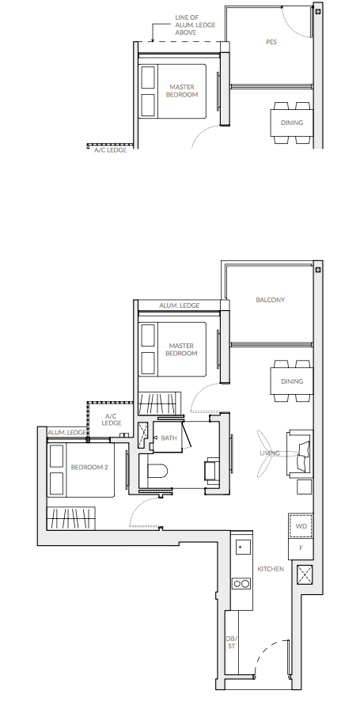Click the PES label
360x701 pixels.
pyautogui.click(x=271, y=42)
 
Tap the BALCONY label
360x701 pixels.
pyautogui.click(x=270, y=300)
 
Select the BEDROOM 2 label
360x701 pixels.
pyautogui.click(x=89, y=467)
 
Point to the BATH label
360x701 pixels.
pyautogui.click(x=169, y=438)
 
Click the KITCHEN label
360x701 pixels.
pyautogui.click(x=271, y=569)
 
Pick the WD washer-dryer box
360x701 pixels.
pyautogui.click(x=301, y=526)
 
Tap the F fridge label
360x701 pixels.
pyautogui.click(x=301, y=548)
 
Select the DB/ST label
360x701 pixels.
pyautogui.click(x=231, y=642)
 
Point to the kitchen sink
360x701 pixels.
pyautogui.click(x=241, y=547)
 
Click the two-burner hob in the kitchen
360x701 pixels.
pyautogui.click(x=241, y=583)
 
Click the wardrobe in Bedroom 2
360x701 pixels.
pyautogui.click(x=71, y=517)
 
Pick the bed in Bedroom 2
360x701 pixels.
pyautogui.click(x=81, y=469)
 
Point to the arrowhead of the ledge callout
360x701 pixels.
pyautogui.click(x=153, y=40)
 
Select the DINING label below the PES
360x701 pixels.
pyautogui.click(x=292, y=123)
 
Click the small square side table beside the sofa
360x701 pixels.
pyautogui.click(x=305, y=487)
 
